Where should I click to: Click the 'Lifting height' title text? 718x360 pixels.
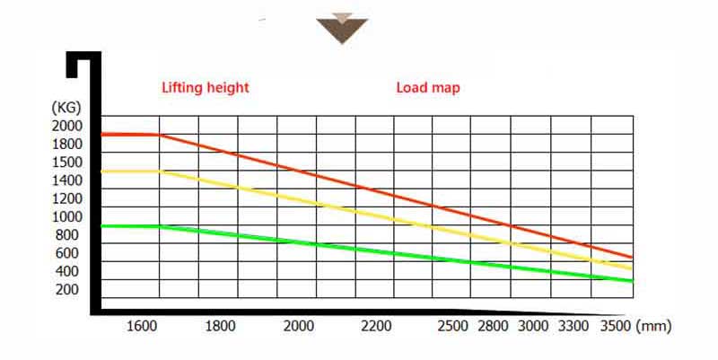205,88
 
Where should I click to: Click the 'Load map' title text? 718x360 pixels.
428,88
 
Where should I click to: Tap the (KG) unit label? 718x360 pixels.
67,108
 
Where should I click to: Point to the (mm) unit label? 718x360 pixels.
652,326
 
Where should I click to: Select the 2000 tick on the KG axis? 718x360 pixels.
67,125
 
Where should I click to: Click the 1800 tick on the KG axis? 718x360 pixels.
67,144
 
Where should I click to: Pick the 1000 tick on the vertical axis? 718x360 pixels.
67,216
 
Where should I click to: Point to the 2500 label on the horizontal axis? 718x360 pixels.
452,326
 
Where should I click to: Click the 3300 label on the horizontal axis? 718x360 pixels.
575,326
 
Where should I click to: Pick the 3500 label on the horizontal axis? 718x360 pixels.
615,326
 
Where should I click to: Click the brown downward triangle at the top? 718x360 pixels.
342,28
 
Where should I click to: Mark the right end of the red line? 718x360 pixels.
632,258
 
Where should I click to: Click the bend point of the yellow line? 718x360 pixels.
161,171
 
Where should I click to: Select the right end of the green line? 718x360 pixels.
632,281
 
